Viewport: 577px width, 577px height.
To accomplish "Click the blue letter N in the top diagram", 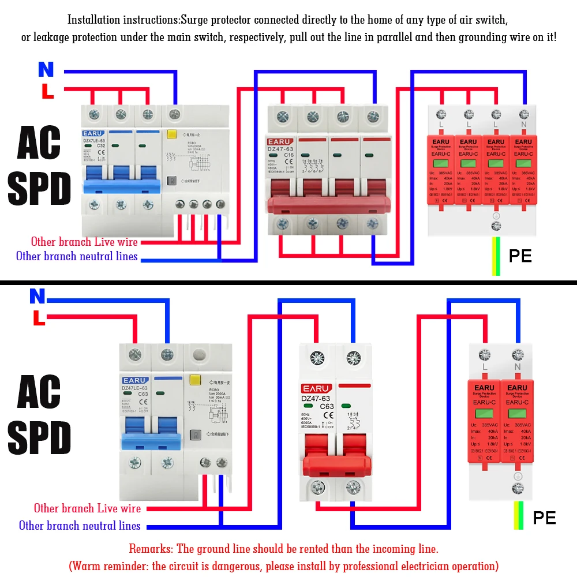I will (46, 70).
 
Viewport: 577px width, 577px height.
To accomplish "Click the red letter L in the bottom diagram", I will (39, 318).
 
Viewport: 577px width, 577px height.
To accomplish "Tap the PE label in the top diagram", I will (520, 256).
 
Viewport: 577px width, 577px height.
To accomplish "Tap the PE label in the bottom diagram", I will (544, 518).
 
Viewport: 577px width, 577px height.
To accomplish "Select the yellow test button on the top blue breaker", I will (171, 136).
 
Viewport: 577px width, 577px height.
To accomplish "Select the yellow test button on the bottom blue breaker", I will (194, 380).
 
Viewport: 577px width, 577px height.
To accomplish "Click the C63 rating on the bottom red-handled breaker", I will (327, 406).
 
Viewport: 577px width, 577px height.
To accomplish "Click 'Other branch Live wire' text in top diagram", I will (84, 242).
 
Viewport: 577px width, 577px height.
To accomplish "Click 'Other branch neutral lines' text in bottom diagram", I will (80, 525).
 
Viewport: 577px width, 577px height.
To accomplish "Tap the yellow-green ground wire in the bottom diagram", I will (518, 515).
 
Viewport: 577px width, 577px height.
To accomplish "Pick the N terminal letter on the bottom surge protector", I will (517, 367).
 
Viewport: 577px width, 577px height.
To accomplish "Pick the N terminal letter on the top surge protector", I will (523, 124).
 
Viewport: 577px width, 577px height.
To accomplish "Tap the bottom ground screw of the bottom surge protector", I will (518, 489).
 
